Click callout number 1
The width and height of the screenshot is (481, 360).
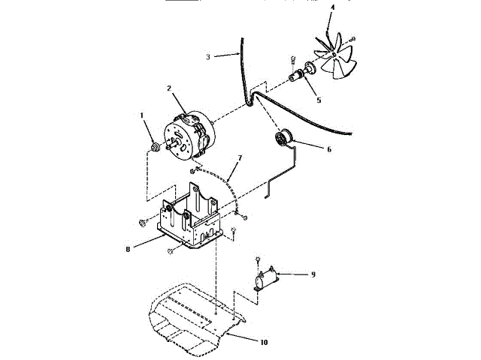141,115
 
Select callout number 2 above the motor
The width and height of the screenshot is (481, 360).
170,88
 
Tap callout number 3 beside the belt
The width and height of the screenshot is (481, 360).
208,56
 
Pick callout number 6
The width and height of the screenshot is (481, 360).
328,148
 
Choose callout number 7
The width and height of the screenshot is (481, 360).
240,158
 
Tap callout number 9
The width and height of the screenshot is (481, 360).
313,274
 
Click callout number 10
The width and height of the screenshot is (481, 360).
263,342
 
